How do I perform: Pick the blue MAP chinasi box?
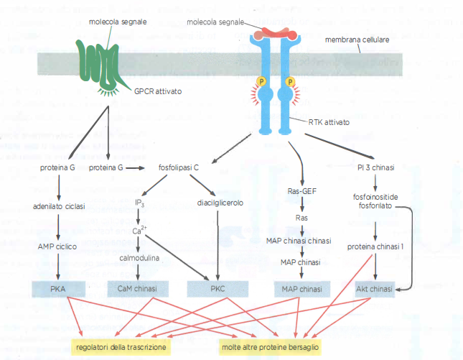click(x=300, y=289)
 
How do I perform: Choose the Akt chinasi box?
click(x=375, y=289)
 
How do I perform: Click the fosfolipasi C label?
click(x=179, y=167)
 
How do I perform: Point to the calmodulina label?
click(x=139, y=256)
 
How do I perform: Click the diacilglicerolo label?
click(x=220, y=203)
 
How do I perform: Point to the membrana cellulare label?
click(x=357, y=40)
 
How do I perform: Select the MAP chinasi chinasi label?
click(x=302, y=240)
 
